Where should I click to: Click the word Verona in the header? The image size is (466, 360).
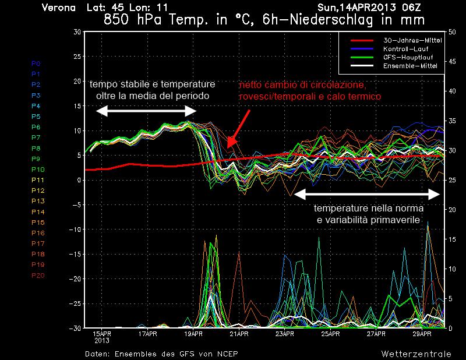(59, 8)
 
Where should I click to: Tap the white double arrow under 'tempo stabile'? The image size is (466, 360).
(146, 111)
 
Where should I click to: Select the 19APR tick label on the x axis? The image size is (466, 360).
(194, 334)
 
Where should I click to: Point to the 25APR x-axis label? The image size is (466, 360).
(330, 334)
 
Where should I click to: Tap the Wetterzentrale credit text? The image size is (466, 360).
(416, 354)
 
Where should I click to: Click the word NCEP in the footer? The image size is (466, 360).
(225, 354)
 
